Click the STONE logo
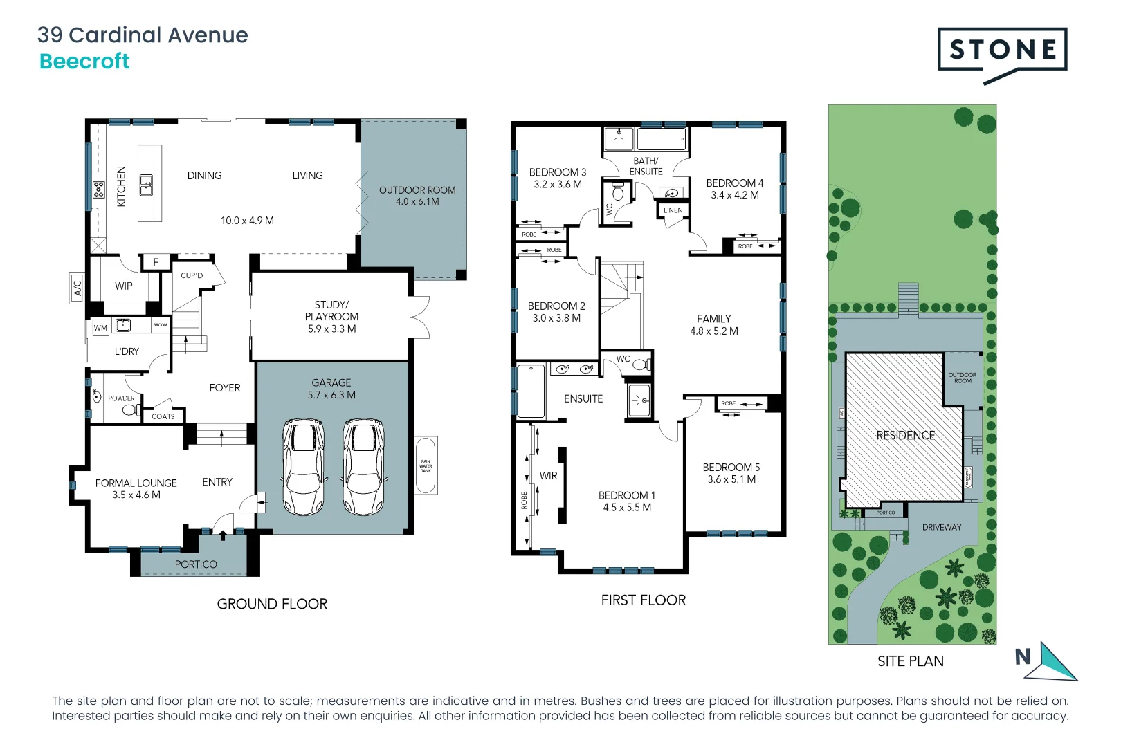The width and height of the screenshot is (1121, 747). (1002, 50)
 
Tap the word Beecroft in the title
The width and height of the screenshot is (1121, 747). (84, 62)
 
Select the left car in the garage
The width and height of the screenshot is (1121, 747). (303, 466)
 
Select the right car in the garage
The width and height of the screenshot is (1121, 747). (364, 466)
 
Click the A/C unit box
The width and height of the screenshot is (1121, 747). (77, 286)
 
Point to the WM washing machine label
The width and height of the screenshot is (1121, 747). (100, 328)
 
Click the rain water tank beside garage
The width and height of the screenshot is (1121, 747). (426, 465)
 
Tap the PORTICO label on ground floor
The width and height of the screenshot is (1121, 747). (196, 564)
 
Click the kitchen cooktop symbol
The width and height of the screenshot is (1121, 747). (99, 190)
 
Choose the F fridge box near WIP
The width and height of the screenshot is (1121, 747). (156, 262)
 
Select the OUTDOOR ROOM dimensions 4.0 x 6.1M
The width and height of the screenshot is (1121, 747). (417, 202)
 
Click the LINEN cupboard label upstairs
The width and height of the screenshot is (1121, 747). (673, 210)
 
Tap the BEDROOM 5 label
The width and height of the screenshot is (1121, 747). (731, 468)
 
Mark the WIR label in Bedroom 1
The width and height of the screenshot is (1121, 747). (548, 476)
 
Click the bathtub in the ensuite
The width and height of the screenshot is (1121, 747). (531, 391)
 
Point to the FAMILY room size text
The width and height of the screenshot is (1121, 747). (713, 331)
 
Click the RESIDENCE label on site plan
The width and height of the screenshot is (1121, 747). (905, 435)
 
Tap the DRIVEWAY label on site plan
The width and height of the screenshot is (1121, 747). (941, 527)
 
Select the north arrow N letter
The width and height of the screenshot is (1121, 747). (1023, 656)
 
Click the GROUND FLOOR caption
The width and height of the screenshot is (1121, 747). (272, 604)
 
